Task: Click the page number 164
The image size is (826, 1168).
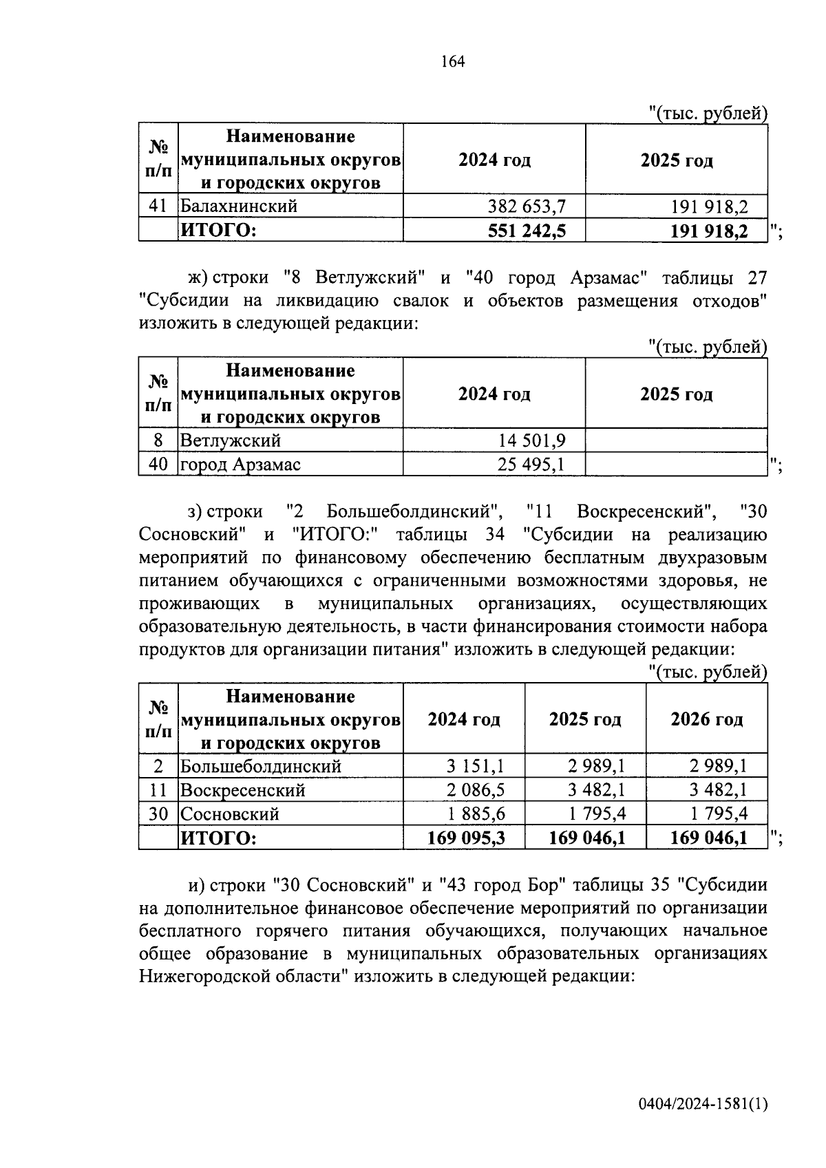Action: pos(453,62)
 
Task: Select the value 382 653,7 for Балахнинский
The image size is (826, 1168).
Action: pos(527,206)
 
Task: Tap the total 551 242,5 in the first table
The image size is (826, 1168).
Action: pos(527,231)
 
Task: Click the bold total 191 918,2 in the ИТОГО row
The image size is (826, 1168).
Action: pos(709,231)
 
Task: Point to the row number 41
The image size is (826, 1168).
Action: pos(158,206)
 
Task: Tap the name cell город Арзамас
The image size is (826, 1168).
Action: pos(240,465)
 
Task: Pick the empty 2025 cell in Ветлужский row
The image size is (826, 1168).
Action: pos(676,440)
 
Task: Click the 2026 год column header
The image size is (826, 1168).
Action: pos(706,720)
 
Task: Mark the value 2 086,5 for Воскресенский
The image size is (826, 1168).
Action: pos(476,790)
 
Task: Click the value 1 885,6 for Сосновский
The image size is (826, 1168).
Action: pos(476,814)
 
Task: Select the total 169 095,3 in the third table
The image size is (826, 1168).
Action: pos(466,838)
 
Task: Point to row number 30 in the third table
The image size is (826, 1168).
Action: pos(158,814)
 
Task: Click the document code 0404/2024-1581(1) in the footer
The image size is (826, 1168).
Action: pos(702,1104)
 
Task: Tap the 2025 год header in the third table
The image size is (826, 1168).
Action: pos(585,720)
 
